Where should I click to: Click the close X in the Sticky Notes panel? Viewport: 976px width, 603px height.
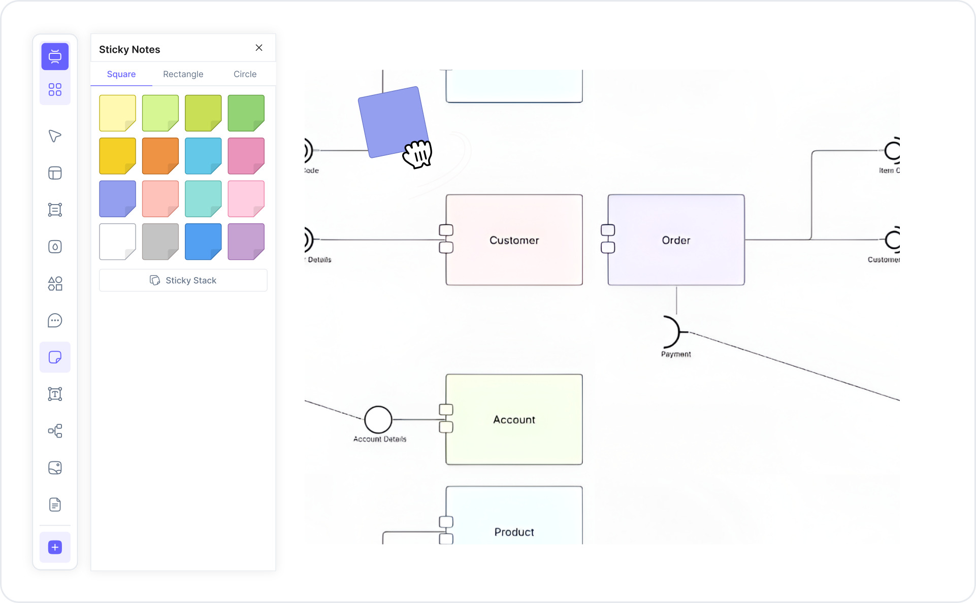(x=259, y=48)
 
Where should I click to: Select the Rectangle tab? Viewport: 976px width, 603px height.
(x=183, y=74)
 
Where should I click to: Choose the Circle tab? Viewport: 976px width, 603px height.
(x=245, y=74)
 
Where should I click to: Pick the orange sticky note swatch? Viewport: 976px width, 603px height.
(x=160, y=156)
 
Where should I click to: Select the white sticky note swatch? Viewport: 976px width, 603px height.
(x=117, y=242)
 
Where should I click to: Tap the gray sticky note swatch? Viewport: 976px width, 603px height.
(x=160, y=242)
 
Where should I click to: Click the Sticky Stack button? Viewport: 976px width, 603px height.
(x=183, y=280)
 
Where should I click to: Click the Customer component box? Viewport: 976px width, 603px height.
(x=514, y=240)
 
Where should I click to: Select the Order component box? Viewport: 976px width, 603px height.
(x=676, y=240)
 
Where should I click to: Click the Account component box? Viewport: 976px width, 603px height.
(x=514, y=420)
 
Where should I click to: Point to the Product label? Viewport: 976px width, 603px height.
(x=514, y=532)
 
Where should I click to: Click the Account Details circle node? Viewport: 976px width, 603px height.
(x=378, y=420)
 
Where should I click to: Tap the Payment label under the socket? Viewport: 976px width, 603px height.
(x=676, y=354)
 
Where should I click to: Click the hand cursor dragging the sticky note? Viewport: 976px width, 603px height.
(x=417, y=154)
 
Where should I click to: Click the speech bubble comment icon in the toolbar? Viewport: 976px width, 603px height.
(x=55, y=321)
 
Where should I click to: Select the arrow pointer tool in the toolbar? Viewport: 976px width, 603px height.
(x=55, y=136)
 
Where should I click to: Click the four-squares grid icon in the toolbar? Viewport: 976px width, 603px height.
(x=55, y=90)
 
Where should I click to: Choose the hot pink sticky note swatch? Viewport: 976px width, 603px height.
(x=246, y=156)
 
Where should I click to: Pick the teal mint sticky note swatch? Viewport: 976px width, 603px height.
(x=203, y=198)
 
